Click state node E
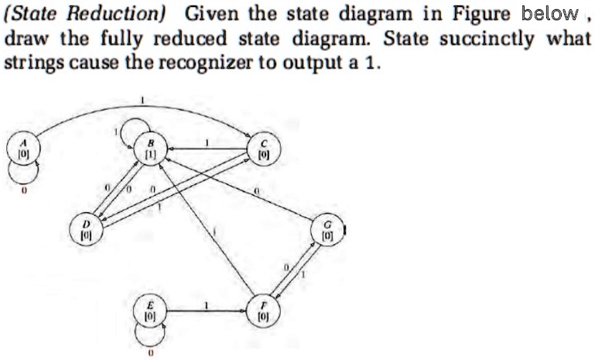[x=150, y=312]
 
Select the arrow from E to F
[x=205, y=312]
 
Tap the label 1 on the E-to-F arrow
[x=207, y=305]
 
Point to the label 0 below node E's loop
[x=151, y=352]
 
